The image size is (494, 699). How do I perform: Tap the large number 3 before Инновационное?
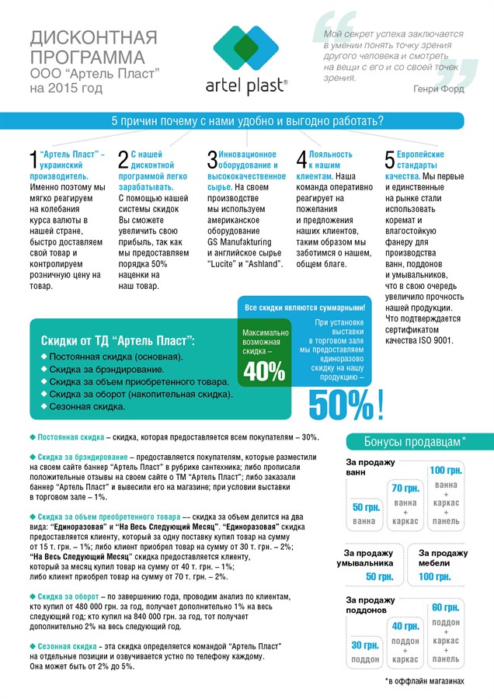point(212,160)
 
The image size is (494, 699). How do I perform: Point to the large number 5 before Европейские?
point(390,160)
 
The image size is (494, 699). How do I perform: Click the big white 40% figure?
point(264,371)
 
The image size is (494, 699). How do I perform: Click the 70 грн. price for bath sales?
point(405,488)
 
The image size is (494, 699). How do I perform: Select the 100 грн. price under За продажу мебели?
point(434,576)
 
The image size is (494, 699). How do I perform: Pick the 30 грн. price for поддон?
point(365,645)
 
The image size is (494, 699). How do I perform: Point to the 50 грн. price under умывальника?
point(379,576)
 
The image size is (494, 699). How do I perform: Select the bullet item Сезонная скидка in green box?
point(87,406)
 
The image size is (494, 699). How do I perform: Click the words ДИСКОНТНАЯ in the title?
point(93,37)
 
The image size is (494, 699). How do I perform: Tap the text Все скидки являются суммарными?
point(304,308)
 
